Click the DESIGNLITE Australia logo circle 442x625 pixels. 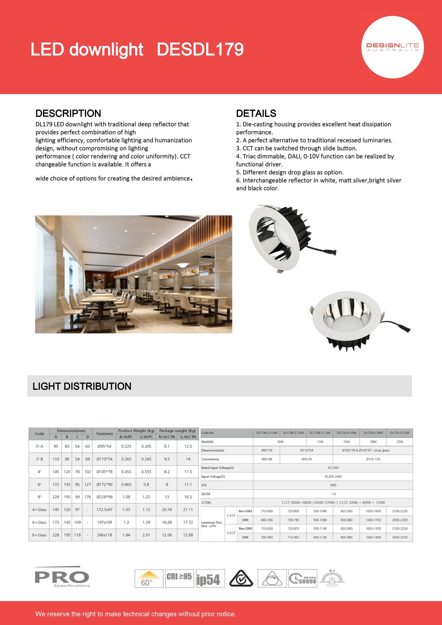point(392,47)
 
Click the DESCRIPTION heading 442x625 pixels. point(68,113)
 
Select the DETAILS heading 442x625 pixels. point(256,113)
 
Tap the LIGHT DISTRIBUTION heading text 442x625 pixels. point(82,386)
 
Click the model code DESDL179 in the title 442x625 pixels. point(200,49)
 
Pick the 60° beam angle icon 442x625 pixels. point(149,578)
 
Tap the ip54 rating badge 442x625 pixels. point(210,578)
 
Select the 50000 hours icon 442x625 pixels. point(303,578)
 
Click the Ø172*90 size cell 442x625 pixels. point(105,484)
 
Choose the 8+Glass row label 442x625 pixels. point(39,535)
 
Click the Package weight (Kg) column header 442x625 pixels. point(177,431)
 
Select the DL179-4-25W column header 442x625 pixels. point(400,433)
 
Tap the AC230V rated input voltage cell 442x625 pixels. point(333,468)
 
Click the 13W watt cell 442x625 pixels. point(320,442)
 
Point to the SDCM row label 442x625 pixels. point(206,494)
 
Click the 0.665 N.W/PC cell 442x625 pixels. point(126,484)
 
